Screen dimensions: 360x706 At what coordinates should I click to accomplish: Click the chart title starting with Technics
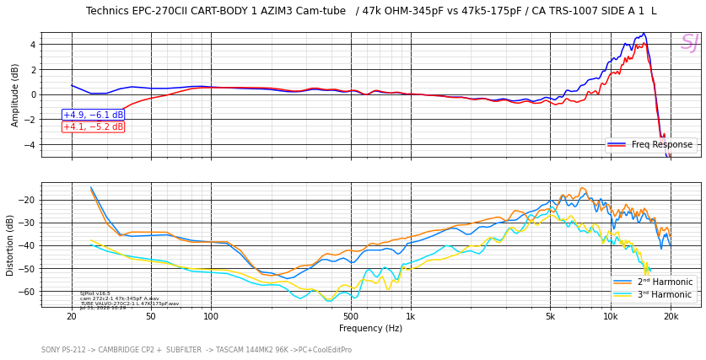(370, 11)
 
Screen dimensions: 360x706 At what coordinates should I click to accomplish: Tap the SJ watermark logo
(689, 43)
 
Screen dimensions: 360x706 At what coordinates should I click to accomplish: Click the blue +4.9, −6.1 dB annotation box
(93, 115)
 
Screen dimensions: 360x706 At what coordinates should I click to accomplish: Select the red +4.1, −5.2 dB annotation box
(93, 126)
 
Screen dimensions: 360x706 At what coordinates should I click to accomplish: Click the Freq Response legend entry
(651, 145)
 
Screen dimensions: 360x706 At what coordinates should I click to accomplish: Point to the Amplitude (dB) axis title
(15, 94)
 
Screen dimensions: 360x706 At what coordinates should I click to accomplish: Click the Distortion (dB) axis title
(11, 244)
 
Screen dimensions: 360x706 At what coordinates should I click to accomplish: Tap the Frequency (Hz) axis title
(370, 329)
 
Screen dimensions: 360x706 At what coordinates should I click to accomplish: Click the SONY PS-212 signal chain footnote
(197, 350)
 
